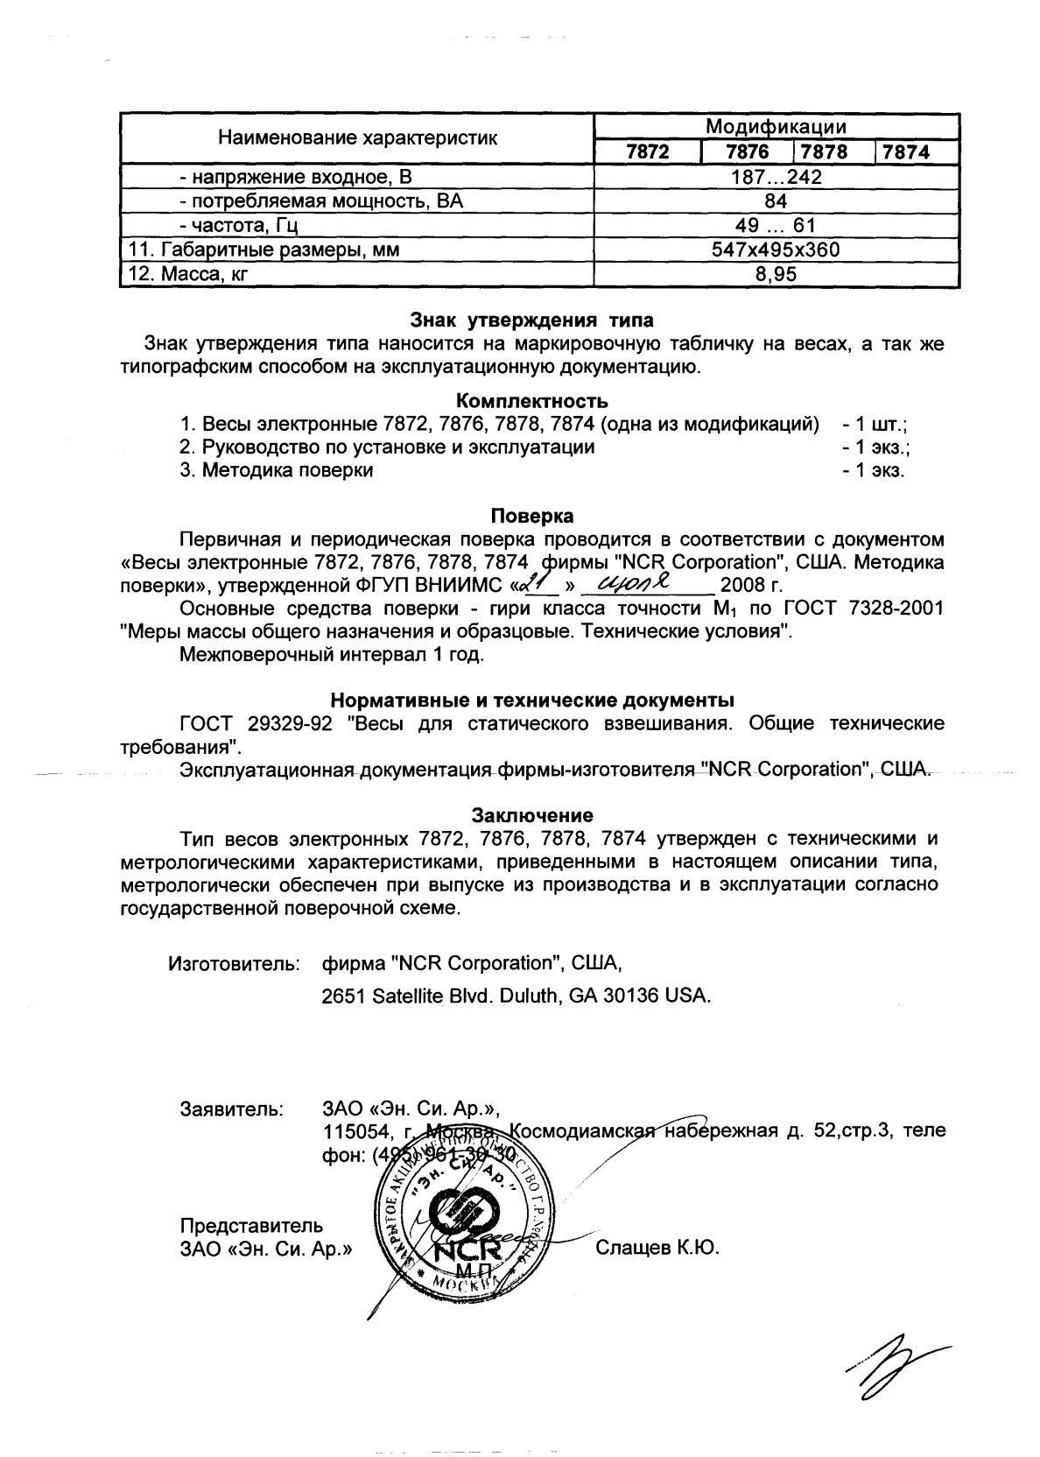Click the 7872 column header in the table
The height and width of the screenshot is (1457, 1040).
[x=648, y=152]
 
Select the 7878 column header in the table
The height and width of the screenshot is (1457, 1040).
[x=824, y=152]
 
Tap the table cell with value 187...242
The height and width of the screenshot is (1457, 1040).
[x=776, y=178]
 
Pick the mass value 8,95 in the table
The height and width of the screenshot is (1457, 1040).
[x=776, y=274]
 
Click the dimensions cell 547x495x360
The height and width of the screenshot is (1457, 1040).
[x=776, y=250]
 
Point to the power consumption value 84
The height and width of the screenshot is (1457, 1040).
[x=776, y=201]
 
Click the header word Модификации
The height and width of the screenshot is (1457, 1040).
[x=776, y=127]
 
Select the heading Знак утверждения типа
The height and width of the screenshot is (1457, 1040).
[x=531, y=320]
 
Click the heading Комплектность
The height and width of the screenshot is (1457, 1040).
[x=531, y=401]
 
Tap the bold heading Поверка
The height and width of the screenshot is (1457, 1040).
[x=531, y=515]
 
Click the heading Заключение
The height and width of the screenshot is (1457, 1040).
[x=531, y=816]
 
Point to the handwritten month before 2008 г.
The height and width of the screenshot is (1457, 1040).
[x=644, y=582]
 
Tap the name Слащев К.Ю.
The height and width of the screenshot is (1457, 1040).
[x=657, y=1248]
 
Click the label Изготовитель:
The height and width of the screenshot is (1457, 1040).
[x=234, y=964]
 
